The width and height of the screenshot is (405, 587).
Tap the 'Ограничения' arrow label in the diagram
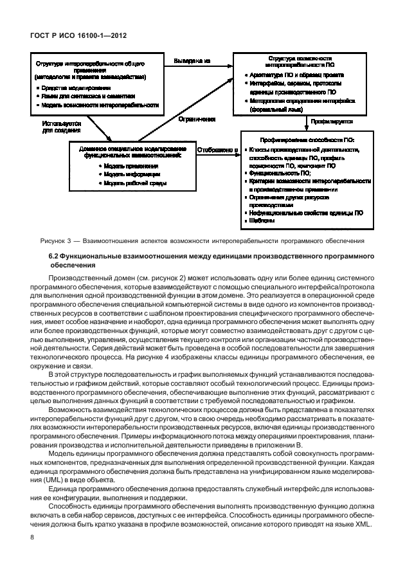tap(197, 119)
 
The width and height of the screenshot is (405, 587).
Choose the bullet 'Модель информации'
tap(130, 174)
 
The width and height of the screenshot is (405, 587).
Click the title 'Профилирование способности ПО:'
tap(307, 139)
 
